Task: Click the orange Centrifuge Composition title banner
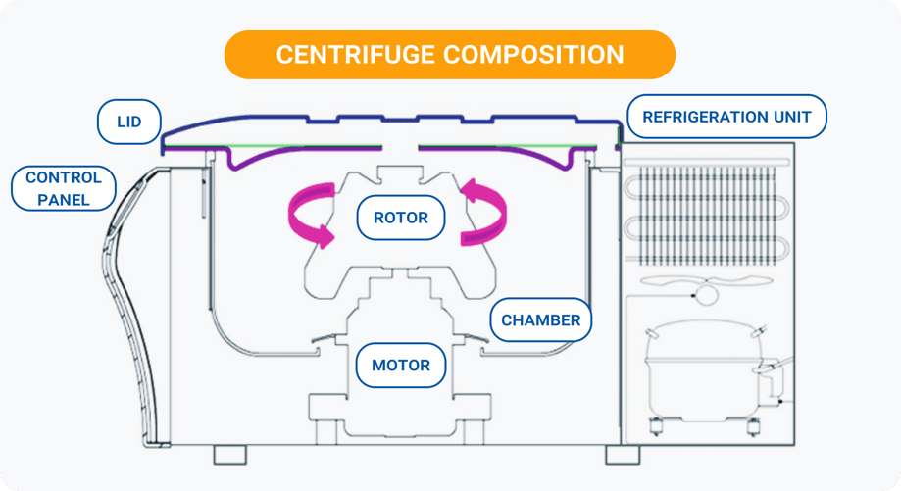coord(450,54)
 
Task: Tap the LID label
coord(128,123)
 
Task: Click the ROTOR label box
coord(401,218)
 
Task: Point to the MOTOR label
coord(400,366)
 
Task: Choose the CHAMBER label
coord(540,320)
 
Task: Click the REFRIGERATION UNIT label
coord(726,117)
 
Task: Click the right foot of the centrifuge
coord(622,455)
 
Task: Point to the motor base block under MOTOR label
coord(400,412)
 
